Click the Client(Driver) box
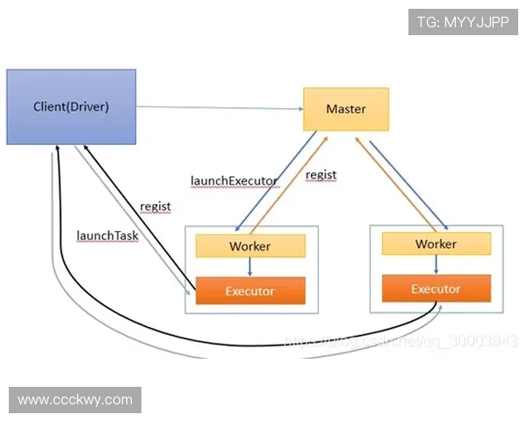click(71, 106)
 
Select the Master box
click(345, 109)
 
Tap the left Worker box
click(249, 245)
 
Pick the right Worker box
click(436, 244)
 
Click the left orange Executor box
click(249, 290)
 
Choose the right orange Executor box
click(436, 288)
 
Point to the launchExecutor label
click(234, 181)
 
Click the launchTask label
click(107, 236)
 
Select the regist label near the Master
click(321, 175)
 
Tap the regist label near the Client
click(155, 207)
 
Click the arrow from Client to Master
click(220, 107)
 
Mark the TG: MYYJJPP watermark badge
click(462, 21)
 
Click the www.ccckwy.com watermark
click(75, 400)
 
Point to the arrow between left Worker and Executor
click(249, 267)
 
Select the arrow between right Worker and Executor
click(437, 266)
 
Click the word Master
click(345, 109)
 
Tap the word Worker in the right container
click(436, 244)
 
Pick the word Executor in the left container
click(249, 290)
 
